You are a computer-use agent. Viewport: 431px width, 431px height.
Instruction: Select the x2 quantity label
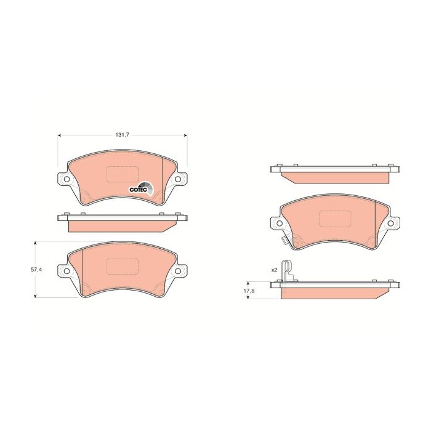point(275,269)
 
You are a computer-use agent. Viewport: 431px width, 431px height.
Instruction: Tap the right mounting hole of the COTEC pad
point(178,180)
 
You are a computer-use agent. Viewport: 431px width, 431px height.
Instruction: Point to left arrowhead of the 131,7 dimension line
point(60,134)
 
